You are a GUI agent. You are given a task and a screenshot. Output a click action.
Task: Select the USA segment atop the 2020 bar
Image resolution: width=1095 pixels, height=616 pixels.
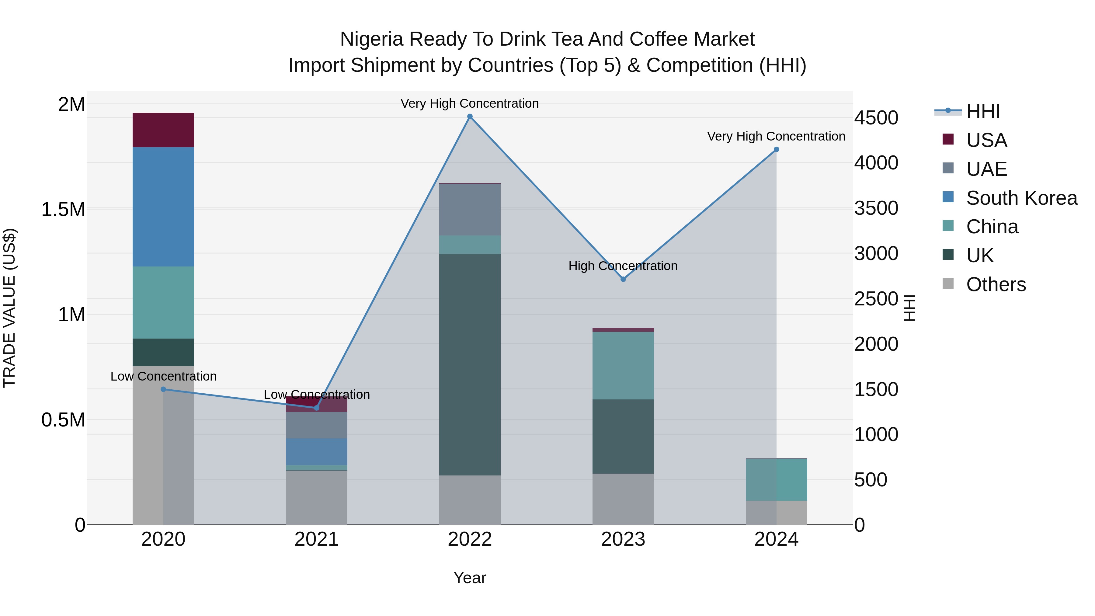point(163,130)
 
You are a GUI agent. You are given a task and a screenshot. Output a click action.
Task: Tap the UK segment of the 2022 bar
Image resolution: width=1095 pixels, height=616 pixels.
point(470,364)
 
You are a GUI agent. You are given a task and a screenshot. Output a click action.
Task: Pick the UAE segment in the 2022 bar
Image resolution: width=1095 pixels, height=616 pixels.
point(470,209)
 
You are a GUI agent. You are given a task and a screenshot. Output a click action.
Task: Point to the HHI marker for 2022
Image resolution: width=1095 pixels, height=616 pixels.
point(470,117)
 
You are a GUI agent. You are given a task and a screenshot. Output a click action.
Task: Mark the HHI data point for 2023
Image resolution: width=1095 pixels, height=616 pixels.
point(623,279)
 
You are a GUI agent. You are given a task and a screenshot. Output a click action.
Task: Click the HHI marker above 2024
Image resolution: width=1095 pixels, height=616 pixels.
point(776,149)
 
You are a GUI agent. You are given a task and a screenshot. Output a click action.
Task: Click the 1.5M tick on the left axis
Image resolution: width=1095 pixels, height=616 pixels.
point(63,210)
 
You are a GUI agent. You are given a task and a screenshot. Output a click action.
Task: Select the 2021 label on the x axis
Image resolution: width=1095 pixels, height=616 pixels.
point(316,539)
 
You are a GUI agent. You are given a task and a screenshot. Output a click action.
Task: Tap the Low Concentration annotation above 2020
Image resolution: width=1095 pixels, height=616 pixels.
point(163,376)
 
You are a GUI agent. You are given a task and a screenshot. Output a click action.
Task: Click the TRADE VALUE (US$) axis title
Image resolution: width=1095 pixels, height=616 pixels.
point(9,308)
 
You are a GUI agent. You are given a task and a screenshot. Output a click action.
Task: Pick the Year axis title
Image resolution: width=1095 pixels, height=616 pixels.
point(470,578)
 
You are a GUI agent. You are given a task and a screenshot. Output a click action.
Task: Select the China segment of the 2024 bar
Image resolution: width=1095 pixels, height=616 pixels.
point(776,479)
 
